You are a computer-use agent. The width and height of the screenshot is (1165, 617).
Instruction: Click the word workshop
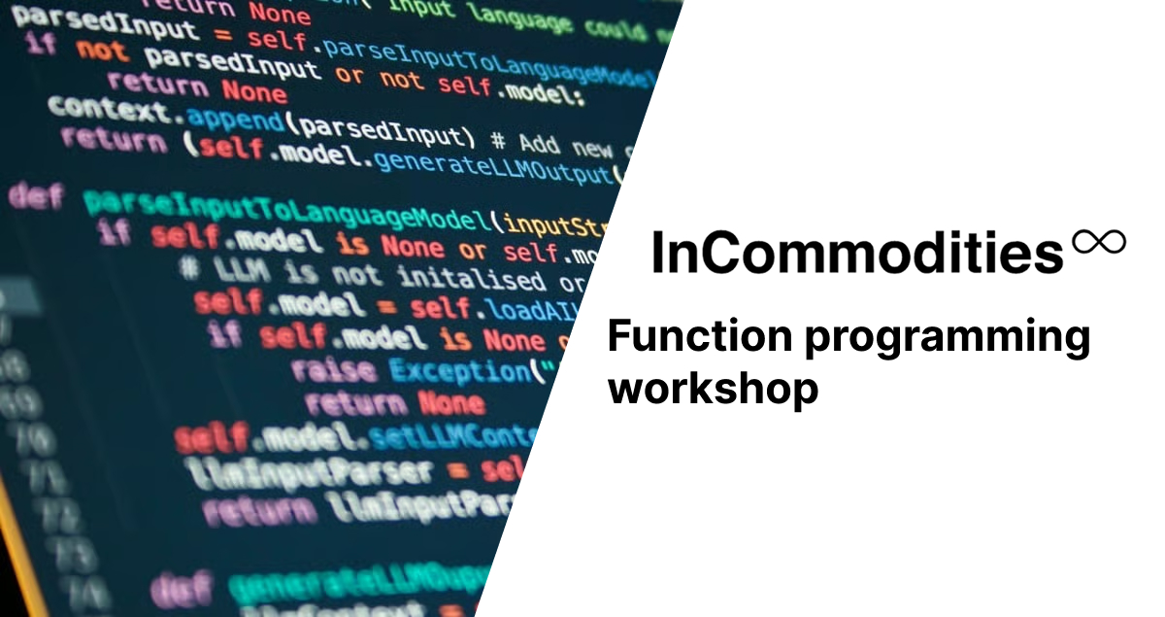pos(713,388)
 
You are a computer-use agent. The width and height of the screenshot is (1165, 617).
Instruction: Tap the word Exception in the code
pos(459,371)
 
